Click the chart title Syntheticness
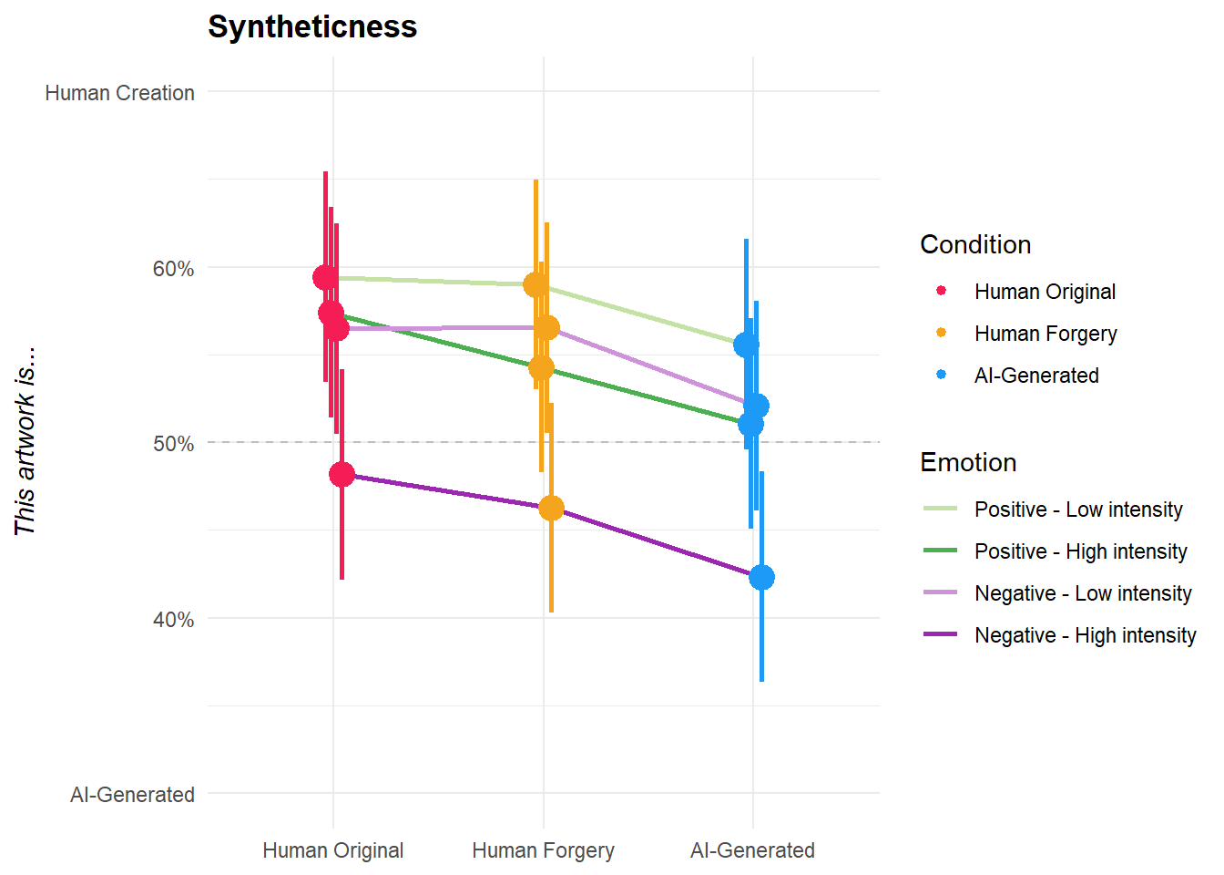[x=311, y=26]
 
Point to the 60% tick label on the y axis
[x=173, y=269]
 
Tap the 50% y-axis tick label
[x=173, y=444]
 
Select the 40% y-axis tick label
[x=173, y=620]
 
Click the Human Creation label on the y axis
[x=119, y=93]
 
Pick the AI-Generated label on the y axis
[x=132, y=795]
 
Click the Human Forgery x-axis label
[x=543, y=850]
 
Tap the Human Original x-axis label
[x=332, y=850]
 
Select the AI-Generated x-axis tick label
[x=752, y=850]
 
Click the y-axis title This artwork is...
[x=25, y=440]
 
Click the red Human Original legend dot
[x=941, y=291]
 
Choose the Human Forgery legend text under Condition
[x=1045, y=334]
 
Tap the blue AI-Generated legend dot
[x=941, y=375]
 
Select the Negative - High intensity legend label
[x=1085, y=635]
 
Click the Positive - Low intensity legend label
[x=1078, y=510]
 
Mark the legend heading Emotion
[x=968, y=462]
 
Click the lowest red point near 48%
[x=342, y=474]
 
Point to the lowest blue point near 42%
[x=761, y=577]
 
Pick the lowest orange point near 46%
[x=551, y=509]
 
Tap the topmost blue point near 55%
[x=746, y=345]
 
